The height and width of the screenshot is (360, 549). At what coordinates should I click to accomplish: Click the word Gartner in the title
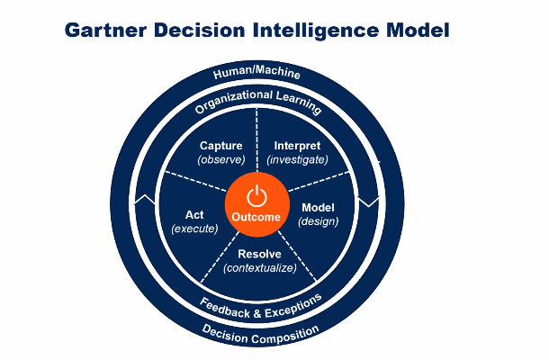coord(105,30)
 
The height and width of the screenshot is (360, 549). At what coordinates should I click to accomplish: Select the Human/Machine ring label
coord(256,72)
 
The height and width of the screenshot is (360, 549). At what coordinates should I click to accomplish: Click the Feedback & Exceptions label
coord(260,307)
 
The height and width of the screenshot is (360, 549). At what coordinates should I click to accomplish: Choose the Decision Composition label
coord(260,335)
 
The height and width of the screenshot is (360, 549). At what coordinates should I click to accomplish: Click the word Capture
coord(220,146)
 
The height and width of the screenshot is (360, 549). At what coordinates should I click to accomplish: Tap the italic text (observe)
coord(221,159)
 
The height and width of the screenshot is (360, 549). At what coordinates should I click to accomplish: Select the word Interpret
coord(297,146)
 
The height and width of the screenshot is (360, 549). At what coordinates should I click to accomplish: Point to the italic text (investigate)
coord(297,159)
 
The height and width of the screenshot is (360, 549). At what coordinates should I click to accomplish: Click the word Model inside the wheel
coord(318,207)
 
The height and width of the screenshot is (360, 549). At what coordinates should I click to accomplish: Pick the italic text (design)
coord(319,221)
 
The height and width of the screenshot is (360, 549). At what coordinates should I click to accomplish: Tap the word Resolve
coord(259,254)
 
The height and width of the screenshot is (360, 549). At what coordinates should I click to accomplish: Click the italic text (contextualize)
coord(260,268)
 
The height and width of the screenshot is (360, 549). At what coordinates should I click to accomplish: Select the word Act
coord(194,214)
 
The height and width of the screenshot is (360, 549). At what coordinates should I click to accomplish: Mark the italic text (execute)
coord(194,229)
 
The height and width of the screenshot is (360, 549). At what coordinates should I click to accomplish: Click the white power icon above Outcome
coord(256,196)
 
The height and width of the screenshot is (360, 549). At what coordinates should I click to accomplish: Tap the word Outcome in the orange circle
coord(256,217)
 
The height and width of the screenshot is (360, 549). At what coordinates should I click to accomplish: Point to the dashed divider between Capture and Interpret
coord(256,139)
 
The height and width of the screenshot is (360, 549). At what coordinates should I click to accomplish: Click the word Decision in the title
coord(199,30)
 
